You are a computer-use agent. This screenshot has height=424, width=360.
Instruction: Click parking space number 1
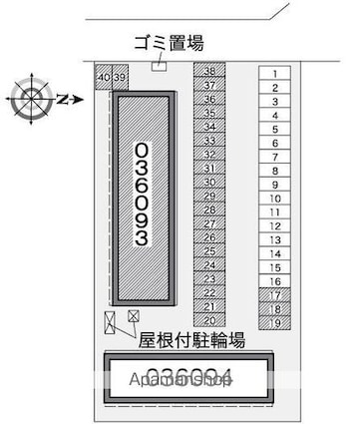point(273,73)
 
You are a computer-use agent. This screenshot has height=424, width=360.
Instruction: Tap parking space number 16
point(273,282)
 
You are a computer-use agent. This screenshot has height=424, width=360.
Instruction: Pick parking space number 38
point(209,72)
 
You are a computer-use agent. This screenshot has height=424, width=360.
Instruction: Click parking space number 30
point(209,183)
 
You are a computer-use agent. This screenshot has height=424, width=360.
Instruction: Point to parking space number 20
point(209,320)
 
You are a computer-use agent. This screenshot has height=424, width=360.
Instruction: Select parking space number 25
point(209,251)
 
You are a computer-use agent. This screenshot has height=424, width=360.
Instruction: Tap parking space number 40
point(104,77)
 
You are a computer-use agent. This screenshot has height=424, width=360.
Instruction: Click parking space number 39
point(119,77)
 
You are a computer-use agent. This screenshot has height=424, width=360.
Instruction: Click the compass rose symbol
point(29,100)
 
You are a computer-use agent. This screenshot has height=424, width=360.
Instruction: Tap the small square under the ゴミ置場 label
point(158,66)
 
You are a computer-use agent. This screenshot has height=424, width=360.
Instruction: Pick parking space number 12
point(273,226)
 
